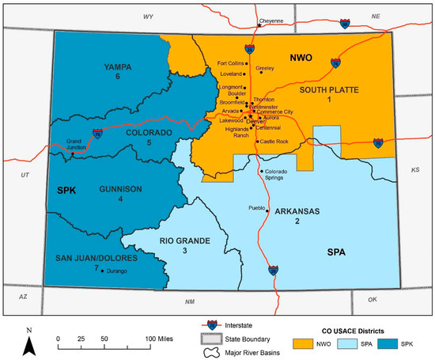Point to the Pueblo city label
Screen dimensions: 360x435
[x=252, y=209]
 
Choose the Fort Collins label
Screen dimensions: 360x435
[x=232, y=63]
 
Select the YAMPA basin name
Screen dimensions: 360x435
[x=116, y=67]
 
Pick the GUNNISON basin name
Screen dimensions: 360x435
[x=120, y=189]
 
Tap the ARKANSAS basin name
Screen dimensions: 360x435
[x=298, y=211]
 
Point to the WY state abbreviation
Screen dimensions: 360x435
[x=148, y=16]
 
